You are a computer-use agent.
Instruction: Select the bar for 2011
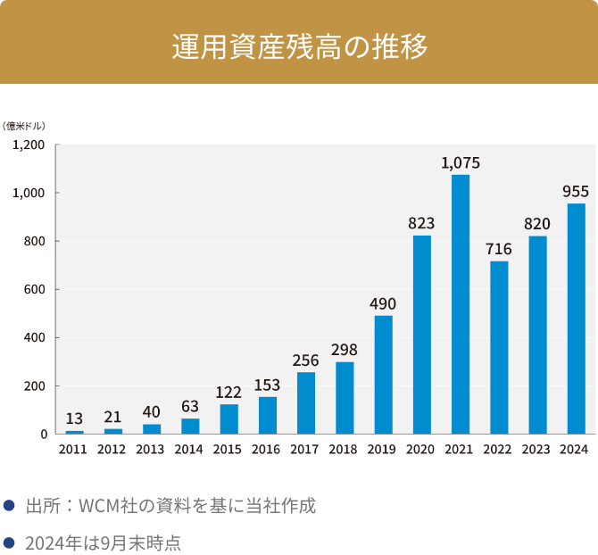75,432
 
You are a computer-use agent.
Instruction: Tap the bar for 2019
383,375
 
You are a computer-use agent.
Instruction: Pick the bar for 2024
576,319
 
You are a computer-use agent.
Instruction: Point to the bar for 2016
268,415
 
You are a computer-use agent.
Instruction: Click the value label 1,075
461,163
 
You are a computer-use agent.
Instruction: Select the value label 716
499,249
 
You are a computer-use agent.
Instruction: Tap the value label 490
383,303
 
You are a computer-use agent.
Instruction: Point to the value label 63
190,406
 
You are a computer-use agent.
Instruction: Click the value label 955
576,191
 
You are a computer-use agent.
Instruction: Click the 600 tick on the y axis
36,289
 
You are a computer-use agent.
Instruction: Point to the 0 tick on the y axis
44,435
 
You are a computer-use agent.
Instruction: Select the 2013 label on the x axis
152,450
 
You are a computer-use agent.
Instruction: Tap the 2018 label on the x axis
345,450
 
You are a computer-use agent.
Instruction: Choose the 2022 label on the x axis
499,450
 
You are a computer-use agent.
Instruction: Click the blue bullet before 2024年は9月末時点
9,541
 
